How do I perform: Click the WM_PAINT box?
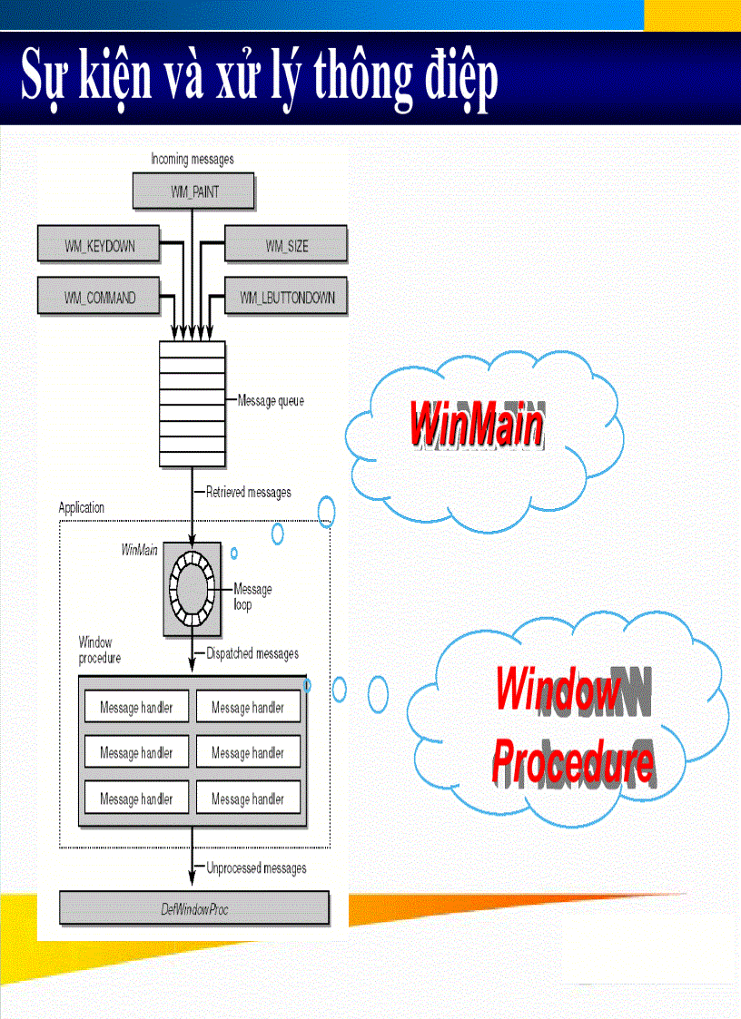click(193, 192)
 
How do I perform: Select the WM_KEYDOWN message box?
click(99, 246)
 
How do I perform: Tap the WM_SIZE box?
click(285, 246)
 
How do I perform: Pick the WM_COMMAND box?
click(99, 297)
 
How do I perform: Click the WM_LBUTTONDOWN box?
click(285, 297)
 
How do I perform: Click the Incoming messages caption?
click(192, 159)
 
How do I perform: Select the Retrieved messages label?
click(248, 492)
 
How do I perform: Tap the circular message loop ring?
click(192, 588)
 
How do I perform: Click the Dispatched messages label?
click(252, 653)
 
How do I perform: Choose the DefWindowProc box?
click(193, 908)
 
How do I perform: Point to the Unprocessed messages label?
click(255, 868)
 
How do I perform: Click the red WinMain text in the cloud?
click(476, 424)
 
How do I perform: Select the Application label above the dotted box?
click(82, 508)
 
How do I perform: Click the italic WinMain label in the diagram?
click(139, 550)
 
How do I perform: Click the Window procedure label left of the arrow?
click(99, 650)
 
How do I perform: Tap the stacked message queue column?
click(192, 403)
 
